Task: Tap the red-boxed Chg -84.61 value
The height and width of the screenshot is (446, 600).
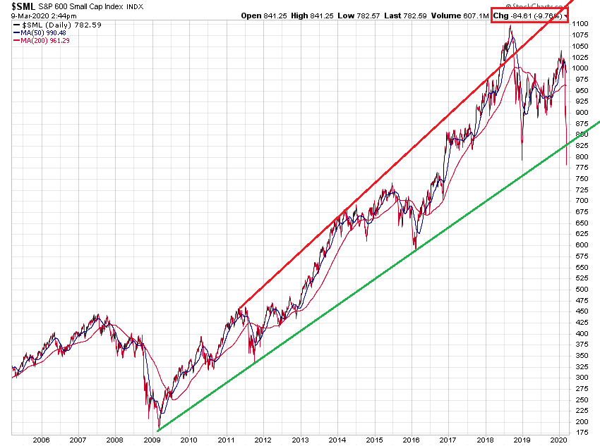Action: click(x=529, y=15)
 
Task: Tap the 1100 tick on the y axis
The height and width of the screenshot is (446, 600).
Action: click(x=580, y=24)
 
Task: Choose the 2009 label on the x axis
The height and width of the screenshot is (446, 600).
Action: click(x=152, y=439)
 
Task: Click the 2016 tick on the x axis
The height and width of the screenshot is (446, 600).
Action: click(x=413, y=439)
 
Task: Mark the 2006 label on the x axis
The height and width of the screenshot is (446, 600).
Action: click(x=41, y=439)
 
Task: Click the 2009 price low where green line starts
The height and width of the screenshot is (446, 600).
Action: click(x=158, y=428)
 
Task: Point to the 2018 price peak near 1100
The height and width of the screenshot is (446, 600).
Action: click(x=510, y=26)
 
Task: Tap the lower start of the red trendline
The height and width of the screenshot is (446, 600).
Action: click(x=240, y=307)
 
